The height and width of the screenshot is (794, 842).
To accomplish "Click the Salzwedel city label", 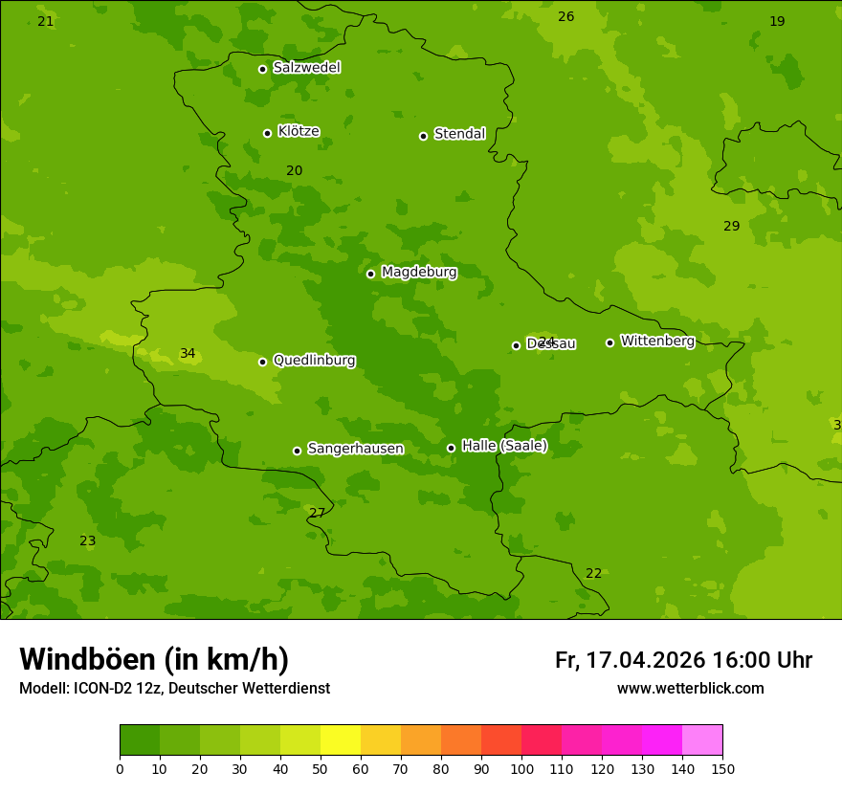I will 306,68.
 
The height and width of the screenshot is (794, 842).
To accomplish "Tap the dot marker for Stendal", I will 423,136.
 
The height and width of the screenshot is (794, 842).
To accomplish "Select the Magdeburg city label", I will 419,273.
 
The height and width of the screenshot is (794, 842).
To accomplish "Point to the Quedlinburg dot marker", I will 262,362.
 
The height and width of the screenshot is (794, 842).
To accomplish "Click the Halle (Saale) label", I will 504,446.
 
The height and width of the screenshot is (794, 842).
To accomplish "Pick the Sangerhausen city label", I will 355,449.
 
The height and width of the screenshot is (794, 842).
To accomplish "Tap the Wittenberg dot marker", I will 609,342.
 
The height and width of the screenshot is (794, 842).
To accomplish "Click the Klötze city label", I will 299,132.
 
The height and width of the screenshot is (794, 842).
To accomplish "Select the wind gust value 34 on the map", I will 188,354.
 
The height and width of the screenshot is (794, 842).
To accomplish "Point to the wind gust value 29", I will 731,227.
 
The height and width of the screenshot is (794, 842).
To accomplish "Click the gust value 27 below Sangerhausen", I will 318,514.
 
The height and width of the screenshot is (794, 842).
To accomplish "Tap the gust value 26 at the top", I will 566,17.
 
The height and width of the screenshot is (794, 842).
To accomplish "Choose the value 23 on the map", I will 88,541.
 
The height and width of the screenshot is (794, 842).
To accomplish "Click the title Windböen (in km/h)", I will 154,659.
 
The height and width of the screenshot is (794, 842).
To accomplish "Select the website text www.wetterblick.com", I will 690,689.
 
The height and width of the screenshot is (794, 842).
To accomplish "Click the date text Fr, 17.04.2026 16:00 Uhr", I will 683,660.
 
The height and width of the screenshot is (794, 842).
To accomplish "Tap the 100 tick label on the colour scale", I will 521,768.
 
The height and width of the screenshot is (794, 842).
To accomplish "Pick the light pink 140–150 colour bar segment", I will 702,740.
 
